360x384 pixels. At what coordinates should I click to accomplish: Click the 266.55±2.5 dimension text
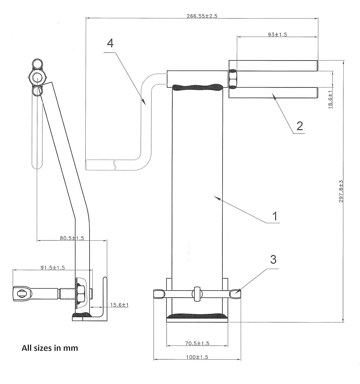[x=202, y=16]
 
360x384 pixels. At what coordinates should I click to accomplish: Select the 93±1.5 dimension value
[x=277, y=35]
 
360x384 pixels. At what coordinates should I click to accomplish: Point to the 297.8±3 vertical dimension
[x=341, y=191]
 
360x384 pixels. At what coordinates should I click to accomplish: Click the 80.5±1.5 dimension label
[x=72, y=238]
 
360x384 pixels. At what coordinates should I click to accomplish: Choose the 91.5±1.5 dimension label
[x=52, y=268]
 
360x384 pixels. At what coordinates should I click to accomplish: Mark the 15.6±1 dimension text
[x=119, y=305]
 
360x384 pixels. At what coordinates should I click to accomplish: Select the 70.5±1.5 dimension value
[x=197, y=343]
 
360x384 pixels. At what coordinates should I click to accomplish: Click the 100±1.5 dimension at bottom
[x=197, y=357]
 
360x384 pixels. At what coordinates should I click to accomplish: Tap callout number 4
[x=110, y=43]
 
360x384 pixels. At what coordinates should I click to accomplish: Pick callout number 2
[x=299, y=126]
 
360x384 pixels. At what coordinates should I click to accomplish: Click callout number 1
[x=274, y=216]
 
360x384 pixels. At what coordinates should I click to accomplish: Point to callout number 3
[x=273, y=259]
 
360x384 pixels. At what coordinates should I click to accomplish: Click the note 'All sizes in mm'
[x=50, y=348]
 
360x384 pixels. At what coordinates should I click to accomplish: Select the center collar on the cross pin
[x=197, y=294]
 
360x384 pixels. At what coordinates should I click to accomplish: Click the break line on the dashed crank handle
[x=114, y=164]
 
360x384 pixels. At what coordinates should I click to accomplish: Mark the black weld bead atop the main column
[x=197, y=87]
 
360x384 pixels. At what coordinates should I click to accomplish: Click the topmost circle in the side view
[x=37, y=64]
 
